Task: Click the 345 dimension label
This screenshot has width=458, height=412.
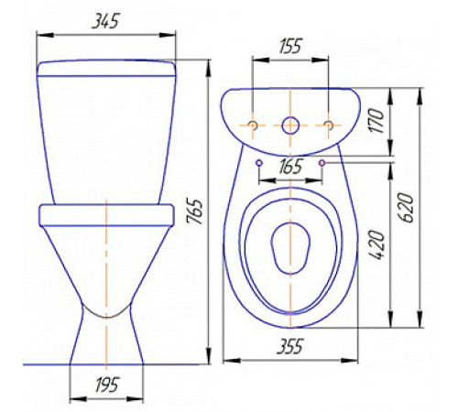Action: click(105, 20)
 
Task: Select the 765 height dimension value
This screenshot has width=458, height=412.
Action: click(196, 211)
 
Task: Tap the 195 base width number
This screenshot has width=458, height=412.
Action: click(106, 385)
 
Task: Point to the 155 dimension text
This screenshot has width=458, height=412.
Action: click(290, 46)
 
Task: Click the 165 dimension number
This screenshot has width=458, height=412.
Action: click(290, 166)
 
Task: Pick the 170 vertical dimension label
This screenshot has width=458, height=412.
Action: click(376, 121)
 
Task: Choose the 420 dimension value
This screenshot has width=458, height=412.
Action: click(376, 245)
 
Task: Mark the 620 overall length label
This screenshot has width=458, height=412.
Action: click(406, 208)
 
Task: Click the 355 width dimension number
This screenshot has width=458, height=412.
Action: click(290, 346)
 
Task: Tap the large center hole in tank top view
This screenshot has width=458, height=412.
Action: click(290, 125)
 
